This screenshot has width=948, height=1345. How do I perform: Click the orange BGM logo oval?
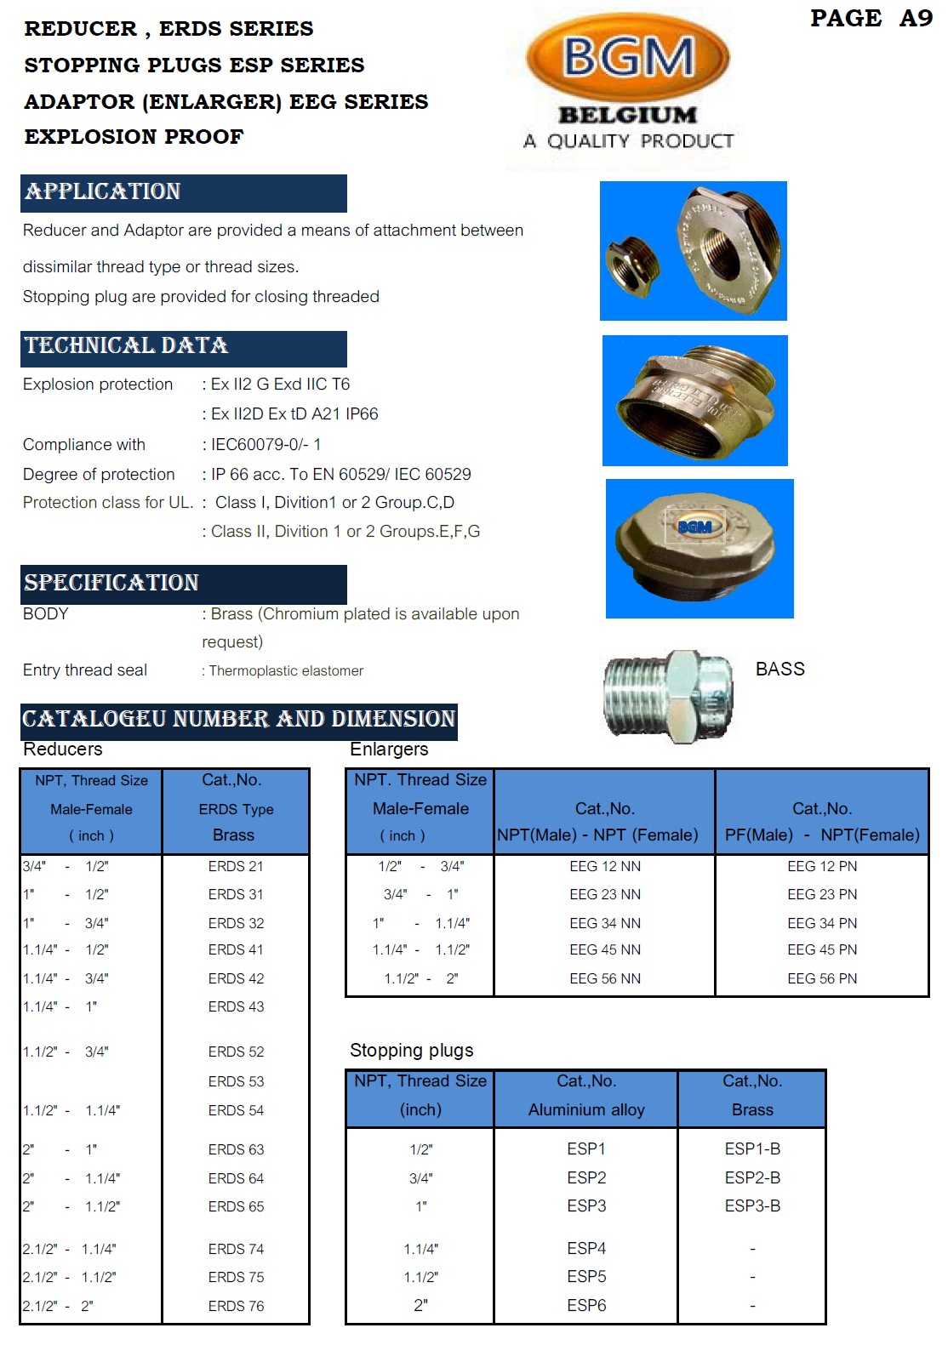pos(628,58)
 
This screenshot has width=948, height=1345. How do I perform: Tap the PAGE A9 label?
pos(871,18)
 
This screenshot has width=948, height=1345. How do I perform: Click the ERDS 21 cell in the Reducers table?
pos(236,866)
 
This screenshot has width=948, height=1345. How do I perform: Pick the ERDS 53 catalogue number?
pos(236,1081)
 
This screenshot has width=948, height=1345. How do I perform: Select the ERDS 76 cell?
pos(236,1306)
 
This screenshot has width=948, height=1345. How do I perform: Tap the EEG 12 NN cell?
pos(605,866)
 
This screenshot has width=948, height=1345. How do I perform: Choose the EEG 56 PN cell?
pos(822,978)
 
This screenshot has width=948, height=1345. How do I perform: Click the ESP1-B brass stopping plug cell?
pos(752,1148)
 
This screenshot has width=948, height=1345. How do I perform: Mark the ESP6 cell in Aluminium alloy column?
pos(586,1305)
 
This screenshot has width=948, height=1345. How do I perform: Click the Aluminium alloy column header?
pos(586,1109)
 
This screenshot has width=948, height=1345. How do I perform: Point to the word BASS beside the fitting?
pos(780,669)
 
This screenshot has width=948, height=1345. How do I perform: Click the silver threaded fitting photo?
pos(668,696)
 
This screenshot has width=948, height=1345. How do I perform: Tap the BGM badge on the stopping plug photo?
pos(694,527)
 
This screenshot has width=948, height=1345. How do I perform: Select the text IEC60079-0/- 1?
pos(266,444)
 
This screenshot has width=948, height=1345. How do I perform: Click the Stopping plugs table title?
pos(411,1050)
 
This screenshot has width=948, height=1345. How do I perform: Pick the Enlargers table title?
pos(389,749)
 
